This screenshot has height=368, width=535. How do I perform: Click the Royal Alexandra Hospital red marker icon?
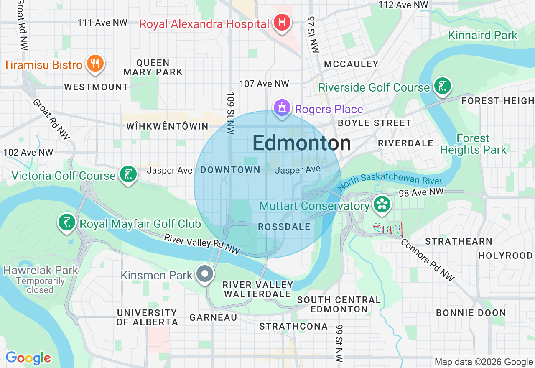click(282, 22)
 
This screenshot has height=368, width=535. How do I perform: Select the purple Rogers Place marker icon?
click(282, 108)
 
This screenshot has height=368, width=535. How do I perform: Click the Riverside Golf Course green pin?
click(442, 86)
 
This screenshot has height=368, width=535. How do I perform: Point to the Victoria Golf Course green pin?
click(128, 174)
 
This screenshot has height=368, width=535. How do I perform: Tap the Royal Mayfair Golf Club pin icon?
click(66, 222)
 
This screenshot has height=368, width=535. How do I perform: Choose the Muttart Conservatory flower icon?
click(382, 204)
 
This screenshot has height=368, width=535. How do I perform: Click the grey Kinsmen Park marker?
click(205, 274)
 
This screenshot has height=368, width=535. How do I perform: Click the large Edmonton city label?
click(301, 143)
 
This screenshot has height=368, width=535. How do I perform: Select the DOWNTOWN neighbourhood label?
click(230, 170)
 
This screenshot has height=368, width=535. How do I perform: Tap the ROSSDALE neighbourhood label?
click(284, 227)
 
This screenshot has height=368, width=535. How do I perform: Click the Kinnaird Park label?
click(483, 36)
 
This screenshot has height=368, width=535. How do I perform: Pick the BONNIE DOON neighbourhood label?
click(471, 313)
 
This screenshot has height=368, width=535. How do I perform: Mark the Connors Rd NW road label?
click(427, 260)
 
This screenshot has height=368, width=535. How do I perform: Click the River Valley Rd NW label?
click(202, 244)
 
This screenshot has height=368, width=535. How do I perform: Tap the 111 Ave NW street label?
click(102, 23)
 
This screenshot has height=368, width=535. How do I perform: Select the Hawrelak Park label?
click(41, 270)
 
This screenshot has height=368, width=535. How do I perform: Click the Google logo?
click(28, 358)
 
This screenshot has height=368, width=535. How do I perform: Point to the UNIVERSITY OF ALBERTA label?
click(147, 317)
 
